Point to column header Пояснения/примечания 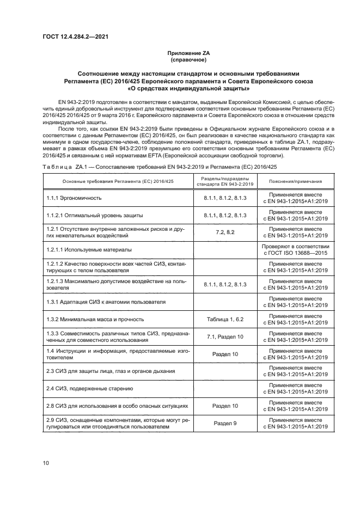[295, 181]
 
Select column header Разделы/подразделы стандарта [225, 181]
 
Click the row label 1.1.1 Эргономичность [74, 198]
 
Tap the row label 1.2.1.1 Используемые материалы [89, 250]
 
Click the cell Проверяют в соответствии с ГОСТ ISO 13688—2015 [295, 250]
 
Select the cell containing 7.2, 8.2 [225, 232]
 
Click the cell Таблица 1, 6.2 [225, 320]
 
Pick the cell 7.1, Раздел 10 [225, 337]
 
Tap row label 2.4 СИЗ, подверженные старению [89, 389]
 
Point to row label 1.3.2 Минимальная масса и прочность [95, 320]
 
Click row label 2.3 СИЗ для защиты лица [111, 371]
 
